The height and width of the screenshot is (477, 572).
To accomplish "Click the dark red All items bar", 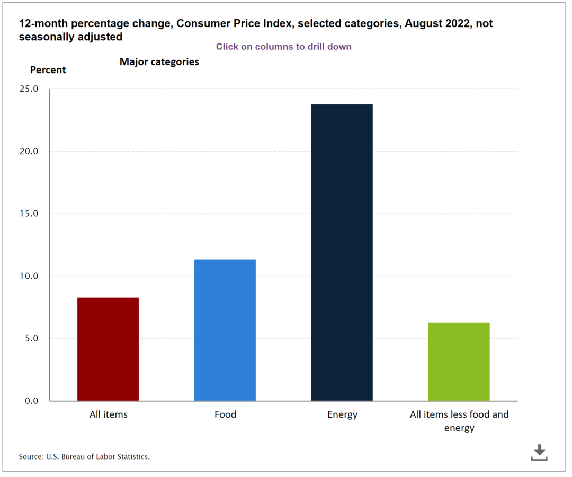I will click(108, 349).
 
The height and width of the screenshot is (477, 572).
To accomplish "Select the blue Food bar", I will click(225, 330).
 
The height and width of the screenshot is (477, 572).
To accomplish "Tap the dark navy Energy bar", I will click(342, 252).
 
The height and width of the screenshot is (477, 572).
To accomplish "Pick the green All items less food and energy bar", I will click(459, 361).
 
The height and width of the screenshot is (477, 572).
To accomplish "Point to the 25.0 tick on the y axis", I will click(28, 89).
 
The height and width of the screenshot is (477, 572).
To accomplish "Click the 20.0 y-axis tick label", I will click(28, 152).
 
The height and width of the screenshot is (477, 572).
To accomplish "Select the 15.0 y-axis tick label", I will click(28, 214).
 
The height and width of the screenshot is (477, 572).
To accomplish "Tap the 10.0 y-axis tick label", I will click(28, 276).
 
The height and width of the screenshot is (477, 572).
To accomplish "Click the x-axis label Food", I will click(225, 414).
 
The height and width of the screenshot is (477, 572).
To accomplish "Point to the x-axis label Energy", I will click(342, 414).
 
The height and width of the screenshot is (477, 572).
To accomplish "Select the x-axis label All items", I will click(108, 414).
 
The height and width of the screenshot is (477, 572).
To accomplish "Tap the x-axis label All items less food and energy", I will click(459, 421).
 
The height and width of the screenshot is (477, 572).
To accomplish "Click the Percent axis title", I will click(48, 70).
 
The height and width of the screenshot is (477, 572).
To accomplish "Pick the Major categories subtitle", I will click(159, 62).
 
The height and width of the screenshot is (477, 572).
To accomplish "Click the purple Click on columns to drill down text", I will click(283, 47).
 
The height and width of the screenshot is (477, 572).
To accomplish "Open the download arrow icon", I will click(539, 452).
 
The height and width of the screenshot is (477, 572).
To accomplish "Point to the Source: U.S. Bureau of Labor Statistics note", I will click(84, 456).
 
